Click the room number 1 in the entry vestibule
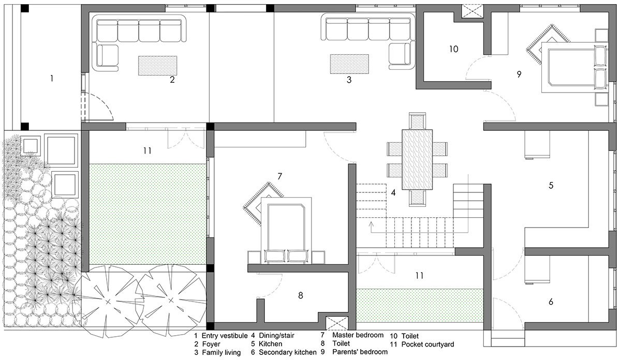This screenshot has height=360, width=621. point(51,79)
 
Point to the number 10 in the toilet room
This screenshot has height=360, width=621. point(453,49)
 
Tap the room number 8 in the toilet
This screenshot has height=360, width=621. point(301,296)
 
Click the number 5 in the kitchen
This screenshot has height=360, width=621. point(551,185)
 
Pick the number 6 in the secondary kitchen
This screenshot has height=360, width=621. point(551,301)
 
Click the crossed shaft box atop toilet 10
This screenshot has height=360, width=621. point(471,11)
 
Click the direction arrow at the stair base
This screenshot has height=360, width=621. point(371,226)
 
